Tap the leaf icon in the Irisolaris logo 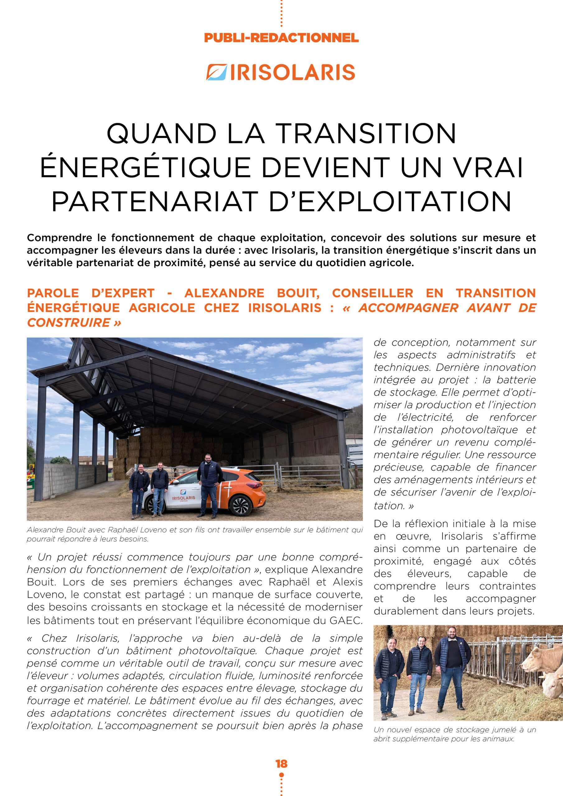(x=216, y=72)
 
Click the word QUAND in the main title (x=161, y=133)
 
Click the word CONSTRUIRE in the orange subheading (x=69, y=323)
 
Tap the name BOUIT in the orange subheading (x=298, y=293)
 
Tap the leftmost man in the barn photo (x=139, y=489)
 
